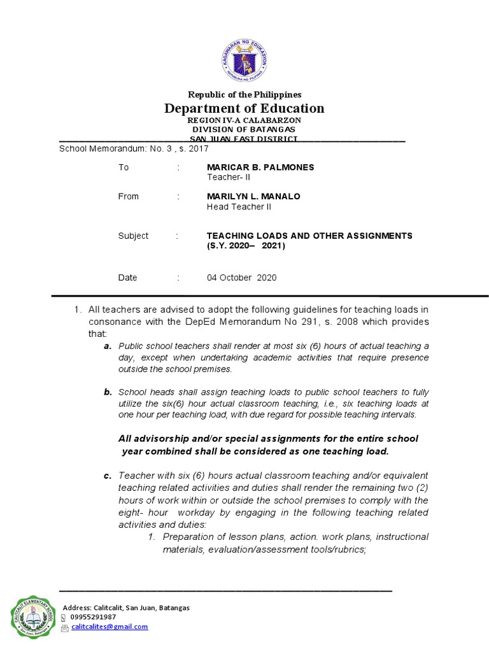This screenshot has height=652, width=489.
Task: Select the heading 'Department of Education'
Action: [x=244, y=108]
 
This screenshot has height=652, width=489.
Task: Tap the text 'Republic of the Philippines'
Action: [x=244, y=94]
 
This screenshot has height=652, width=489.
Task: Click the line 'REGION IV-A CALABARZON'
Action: [x=244, y=120]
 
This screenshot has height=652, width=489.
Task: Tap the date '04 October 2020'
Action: [x=242, y=278]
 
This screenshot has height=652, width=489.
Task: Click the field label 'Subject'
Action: [x=133, y=236]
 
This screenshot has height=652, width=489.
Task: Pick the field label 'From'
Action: [x=128, y=196]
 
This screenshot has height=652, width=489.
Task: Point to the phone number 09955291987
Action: [x=93, y=617]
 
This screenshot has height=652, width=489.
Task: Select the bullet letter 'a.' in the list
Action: [x=108, y=346]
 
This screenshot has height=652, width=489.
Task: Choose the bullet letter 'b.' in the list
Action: [x=108, y=392]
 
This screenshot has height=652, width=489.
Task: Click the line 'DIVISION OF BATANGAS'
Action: [x=244, y=129]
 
